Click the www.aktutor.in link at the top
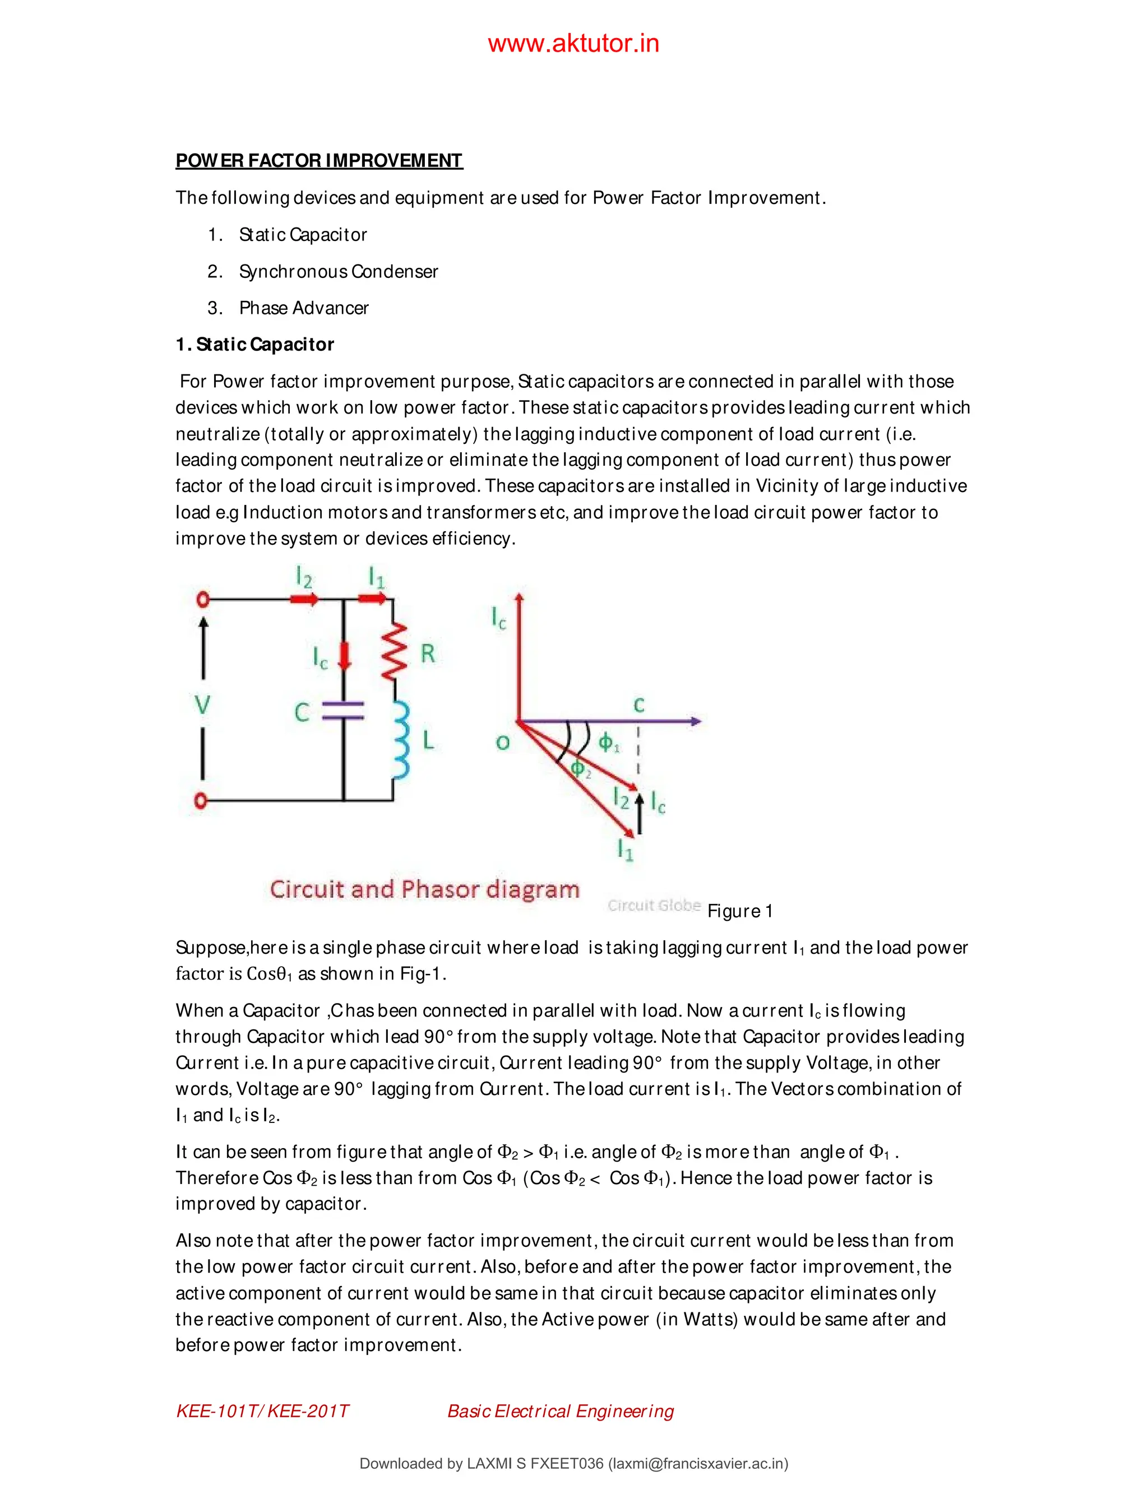(x=573, y=44)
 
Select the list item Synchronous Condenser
(x=338, y=271)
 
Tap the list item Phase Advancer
(x=303, y=308)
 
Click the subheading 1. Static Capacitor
(x=255, y=345)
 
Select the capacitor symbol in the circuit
(x=342, y=711)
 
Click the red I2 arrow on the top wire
(x=304, y=599)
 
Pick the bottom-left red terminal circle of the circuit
(x=201, y=800)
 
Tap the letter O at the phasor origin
(x=503, y=742)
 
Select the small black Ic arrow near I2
(x=639, y=815)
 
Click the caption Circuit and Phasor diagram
(x=424, y=889)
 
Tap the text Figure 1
(x=740, y=911)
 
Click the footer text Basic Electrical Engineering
(x=561, y=1412)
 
